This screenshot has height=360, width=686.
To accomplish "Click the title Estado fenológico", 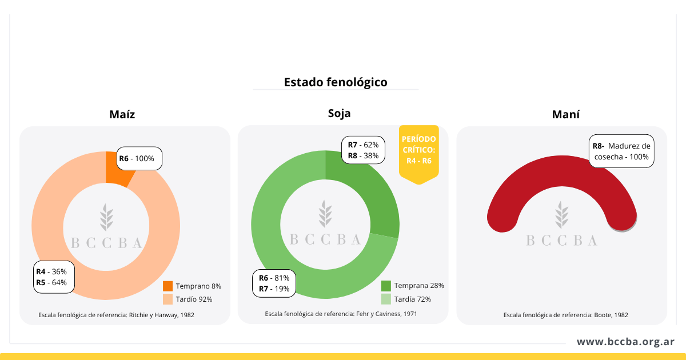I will [336, 82].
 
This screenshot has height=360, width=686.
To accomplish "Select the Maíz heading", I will [122, 114].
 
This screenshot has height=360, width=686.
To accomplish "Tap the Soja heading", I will [339, 113].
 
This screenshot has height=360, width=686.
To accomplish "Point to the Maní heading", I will [565, 114].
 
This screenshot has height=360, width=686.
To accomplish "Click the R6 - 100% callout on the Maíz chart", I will [140, 158].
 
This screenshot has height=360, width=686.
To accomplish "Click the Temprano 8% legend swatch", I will [167, 286].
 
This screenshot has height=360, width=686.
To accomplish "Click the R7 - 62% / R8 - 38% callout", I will [363, 150].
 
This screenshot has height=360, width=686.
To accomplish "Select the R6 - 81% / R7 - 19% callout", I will [274, 283].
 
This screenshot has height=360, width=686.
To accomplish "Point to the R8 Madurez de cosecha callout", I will [621, 151].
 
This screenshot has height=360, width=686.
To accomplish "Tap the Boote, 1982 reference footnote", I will [565, 315].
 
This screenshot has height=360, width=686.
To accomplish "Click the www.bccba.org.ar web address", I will [625, 342].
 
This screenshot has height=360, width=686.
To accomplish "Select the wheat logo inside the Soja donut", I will [325, 214].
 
